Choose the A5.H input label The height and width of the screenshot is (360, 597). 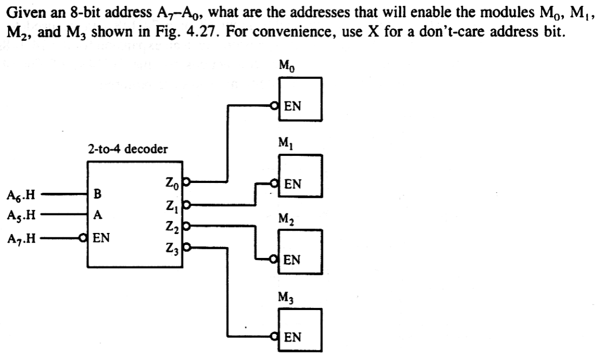[x=21, y=214]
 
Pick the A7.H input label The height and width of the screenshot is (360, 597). [x=21, y=238]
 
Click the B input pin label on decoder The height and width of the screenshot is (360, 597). [x=97, y=193]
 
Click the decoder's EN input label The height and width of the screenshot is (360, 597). [x=101, y=238]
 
